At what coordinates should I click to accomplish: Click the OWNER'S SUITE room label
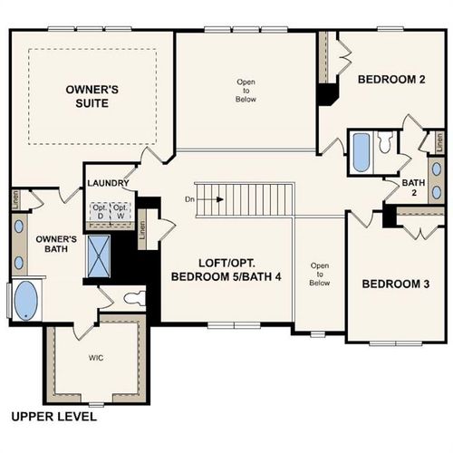coord(87,96)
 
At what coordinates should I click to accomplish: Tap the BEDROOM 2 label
coord(390,79)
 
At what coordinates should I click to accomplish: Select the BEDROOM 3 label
coord(395,284)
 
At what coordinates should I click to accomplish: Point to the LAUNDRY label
coord(108,183)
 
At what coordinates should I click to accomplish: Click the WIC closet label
coord(96,358)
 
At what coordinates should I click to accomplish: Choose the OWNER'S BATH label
coord(49,246)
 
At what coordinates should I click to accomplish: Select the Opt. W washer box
coord(120,211)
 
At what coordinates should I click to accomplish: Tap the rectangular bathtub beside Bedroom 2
coord(361,152)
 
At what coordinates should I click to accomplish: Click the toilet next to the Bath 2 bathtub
coord(385,142)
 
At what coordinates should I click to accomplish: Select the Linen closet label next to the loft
coord(143,229)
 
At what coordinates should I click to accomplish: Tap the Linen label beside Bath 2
coord(439,142)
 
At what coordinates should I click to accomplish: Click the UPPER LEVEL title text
coord(53,418)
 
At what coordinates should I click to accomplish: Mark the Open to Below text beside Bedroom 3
coord(318,274)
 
